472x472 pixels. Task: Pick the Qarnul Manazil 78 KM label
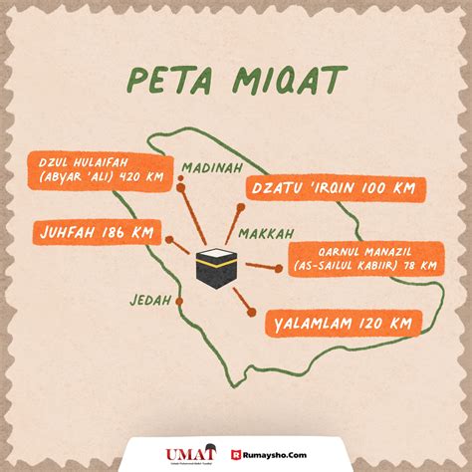(x=364, y=257)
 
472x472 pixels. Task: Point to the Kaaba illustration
(x=215, y=267)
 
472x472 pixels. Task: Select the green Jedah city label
(x=149, y=300)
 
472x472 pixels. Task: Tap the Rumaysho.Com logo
(x=269, y=453)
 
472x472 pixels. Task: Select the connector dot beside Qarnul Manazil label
(x=278, y=267)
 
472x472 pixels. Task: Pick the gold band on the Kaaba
(x=215, y=261)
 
